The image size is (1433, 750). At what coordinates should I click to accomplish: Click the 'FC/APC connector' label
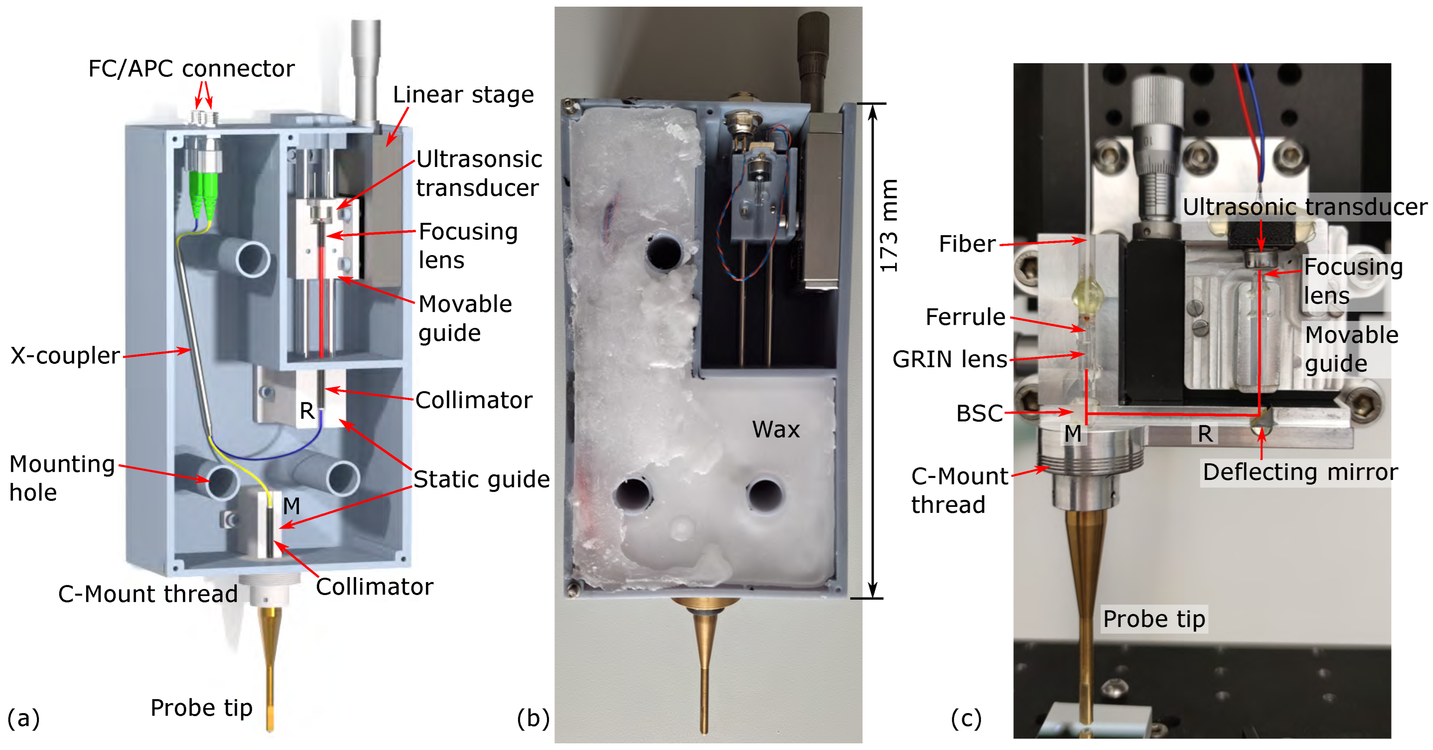click(x=191, y=68)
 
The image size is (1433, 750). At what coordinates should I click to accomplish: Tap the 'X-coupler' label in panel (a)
click(x=65, y=355)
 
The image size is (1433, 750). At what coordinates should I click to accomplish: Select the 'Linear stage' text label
click(x=463, y=95)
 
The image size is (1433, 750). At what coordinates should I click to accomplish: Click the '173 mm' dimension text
click(x=888, y=225)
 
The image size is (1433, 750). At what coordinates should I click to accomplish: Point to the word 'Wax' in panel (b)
click(x=775, y=430)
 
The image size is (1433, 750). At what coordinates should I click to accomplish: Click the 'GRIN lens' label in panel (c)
click(x=949, y=359)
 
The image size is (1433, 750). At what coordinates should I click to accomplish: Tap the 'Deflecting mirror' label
click(x=1300, y=472)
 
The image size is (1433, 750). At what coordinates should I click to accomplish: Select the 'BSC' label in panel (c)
click(x=979, y=413)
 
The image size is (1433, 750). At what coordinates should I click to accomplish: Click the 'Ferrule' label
click(x=965, y=317)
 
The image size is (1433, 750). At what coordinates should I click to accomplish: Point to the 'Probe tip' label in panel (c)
click(x=1154, y=619)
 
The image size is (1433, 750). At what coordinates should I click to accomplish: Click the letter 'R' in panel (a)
click(x=307, y=411)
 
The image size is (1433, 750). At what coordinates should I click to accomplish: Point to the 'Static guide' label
click(x=481, y=479)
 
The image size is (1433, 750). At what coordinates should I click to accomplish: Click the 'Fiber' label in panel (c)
click(x=967, y=244)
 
